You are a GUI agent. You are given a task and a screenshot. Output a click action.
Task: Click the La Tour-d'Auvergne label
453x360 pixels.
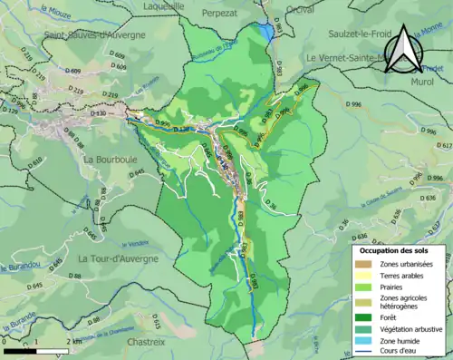[118, 258]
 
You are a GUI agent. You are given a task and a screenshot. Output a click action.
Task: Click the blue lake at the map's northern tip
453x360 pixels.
[265, 33]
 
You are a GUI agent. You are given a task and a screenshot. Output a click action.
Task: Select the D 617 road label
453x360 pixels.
[443, 145]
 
